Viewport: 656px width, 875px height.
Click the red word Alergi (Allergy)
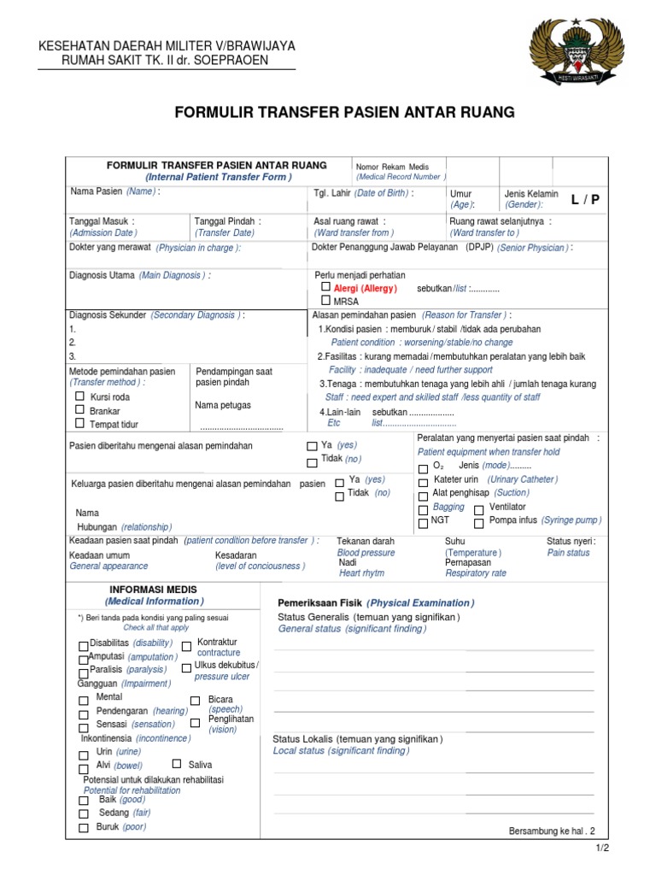click(x=365, y=289)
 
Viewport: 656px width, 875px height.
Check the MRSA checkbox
click(x=325, y=301)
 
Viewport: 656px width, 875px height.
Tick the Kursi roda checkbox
click(x=80, y=396)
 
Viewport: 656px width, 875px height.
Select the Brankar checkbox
click(x=80, y=410)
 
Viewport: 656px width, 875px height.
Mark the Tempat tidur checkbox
click(x=80, y=423)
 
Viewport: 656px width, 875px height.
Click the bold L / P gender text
click(x=586, y=199)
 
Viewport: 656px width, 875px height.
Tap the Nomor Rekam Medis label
click(x=393, y=167)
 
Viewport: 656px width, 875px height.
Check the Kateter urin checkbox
click(x=423, y=480)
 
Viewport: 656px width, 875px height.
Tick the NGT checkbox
click(x=423, y=520)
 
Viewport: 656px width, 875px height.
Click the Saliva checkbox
click(x=177, y=764)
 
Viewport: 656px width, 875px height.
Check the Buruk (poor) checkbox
click(x=83, y=828)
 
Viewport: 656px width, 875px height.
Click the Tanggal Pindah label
click(x=227, y=221)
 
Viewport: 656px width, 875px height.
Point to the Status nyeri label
click(x=571, y=541)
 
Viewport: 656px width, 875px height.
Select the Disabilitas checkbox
click(x=83, y=645)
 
